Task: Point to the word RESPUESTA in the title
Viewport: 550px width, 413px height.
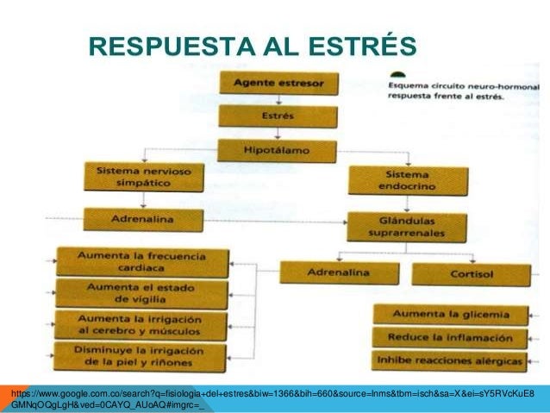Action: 157,45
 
